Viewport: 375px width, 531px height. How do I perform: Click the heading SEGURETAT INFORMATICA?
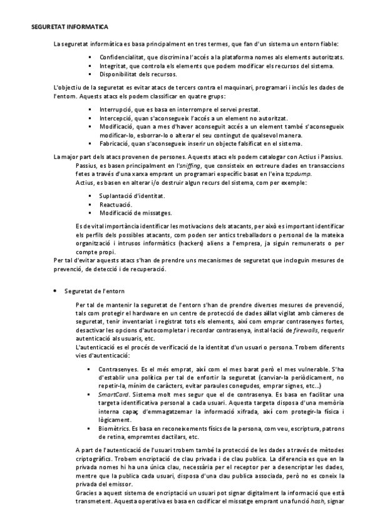69,28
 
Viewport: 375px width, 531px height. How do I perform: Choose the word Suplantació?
116,196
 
